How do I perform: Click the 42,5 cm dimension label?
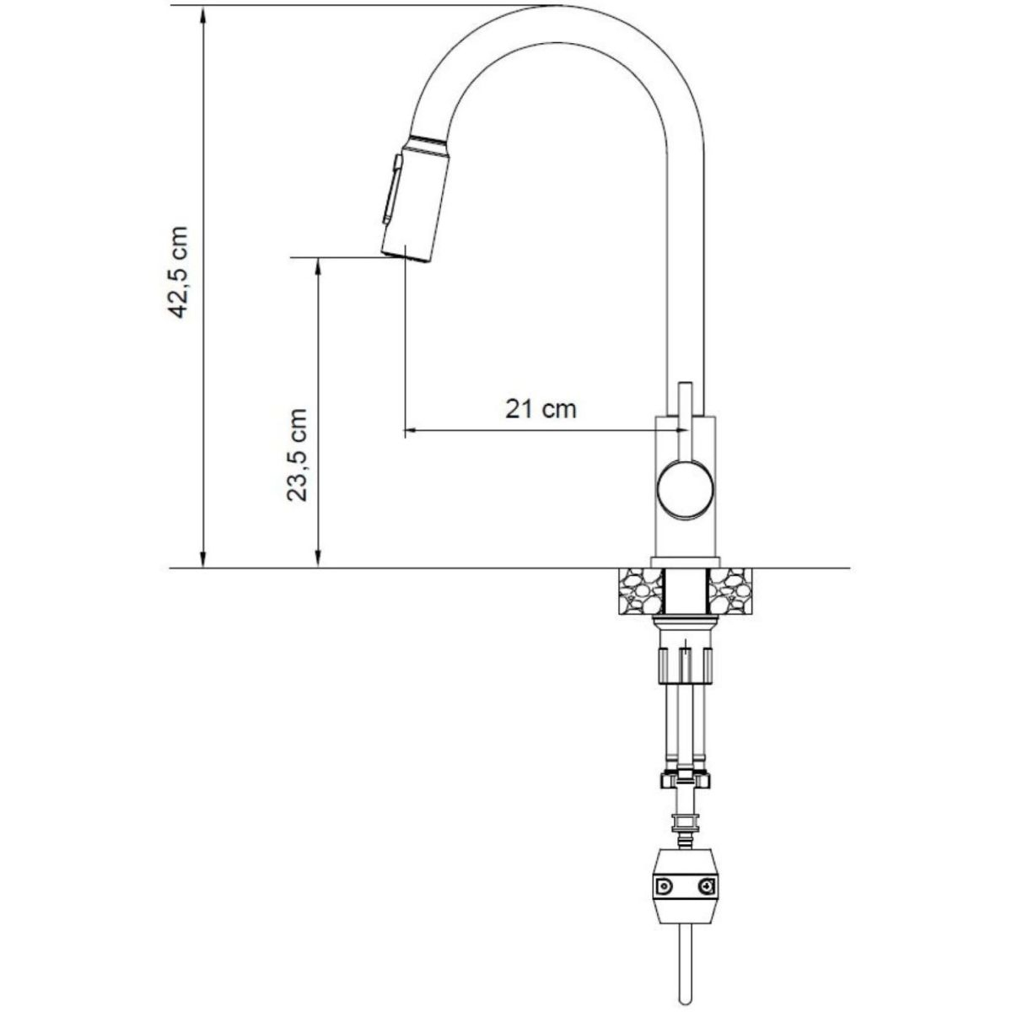point(180,272)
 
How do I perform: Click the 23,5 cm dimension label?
point(296,455)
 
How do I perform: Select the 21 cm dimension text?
point(541,410)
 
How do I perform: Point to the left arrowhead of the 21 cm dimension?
point(410,431)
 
